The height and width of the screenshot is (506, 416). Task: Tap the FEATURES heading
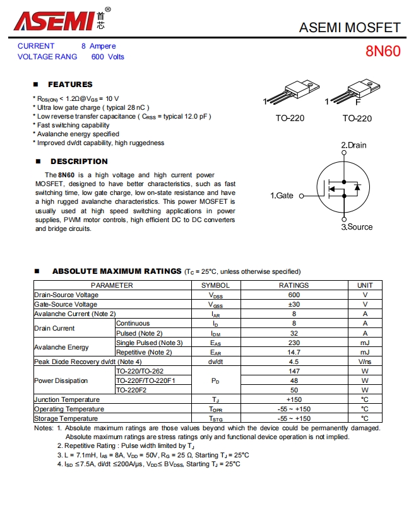click(70, 85)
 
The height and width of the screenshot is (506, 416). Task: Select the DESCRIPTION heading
click(79, 162)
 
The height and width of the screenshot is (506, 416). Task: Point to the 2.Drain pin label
click(354, 145)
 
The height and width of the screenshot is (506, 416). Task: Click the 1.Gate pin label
click(282, 196)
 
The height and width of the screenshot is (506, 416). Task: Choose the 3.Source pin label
click(357, 227)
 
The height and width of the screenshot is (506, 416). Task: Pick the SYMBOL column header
click(215, 285)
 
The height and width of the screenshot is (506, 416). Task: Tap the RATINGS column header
click(294, 285)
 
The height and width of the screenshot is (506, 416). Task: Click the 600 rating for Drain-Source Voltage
click(294, 295)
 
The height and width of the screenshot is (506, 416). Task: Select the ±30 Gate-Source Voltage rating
click(294, 304)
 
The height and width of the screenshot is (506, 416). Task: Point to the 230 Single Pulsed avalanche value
click(294, 343)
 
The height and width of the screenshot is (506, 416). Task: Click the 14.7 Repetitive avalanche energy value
click(294, 352)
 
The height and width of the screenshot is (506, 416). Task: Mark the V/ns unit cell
click(365, 362)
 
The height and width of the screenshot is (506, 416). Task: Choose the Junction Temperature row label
click(67, 399)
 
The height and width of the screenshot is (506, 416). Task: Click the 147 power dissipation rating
click(294, 371)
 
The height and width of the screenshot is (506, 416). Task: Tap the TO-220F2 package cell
click(131, 390)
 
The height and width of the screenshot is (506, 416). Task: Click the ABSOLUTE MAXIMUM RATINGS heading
click(117, 271)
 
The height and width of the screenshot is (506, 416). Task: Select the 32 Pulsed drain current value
click(294, 333)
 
